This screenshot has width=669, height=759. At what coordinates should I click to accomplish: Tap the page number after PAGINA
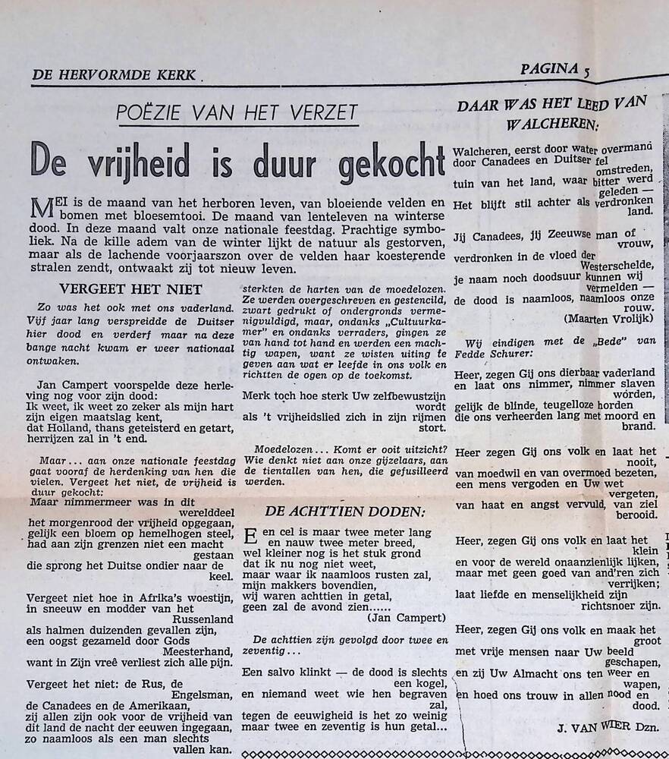coord(587,71)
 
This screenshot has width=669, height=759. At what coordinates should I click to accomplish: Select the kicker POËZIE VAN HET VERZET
coord(237,114)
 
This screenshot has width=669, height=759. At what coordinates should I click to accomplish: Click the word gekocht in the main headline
coord(378,160)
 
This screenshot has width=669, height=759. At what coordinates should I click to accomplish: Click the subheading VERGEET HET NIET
coord(131,288)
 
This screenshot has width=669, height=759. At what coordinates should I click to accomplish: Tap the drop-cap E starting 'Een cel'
coord(250,537)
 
